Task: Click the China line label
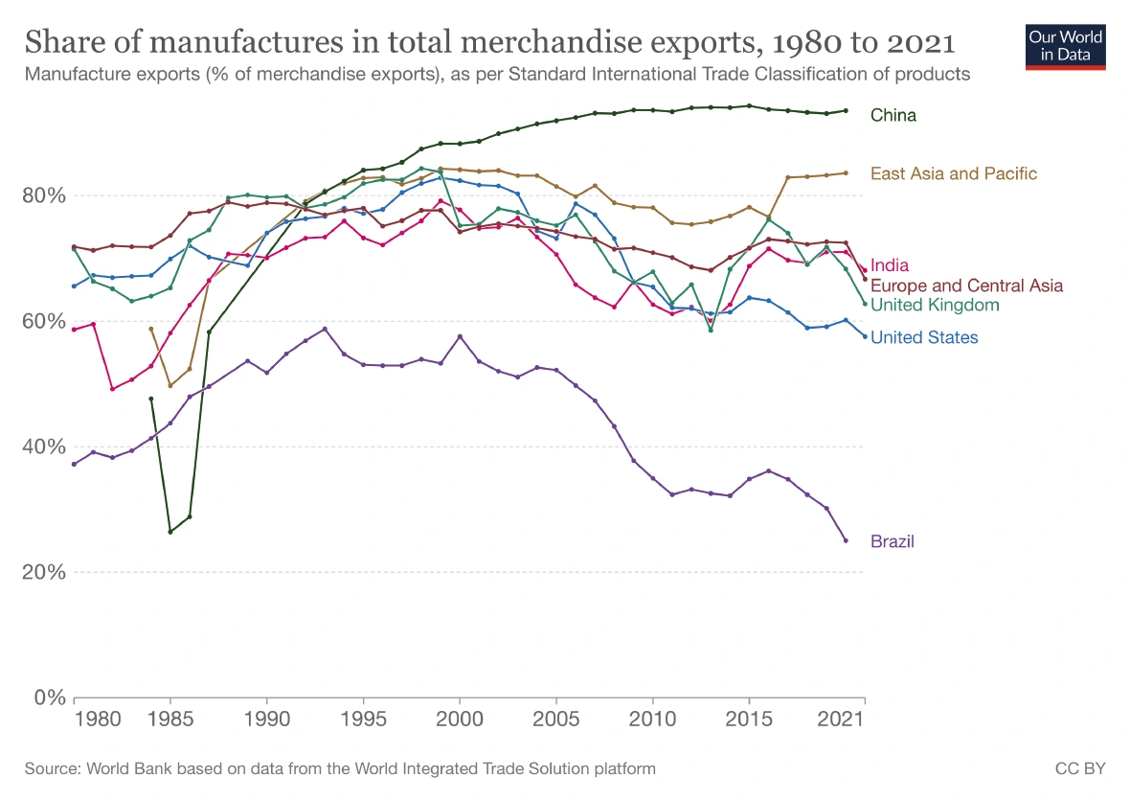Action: click(893, 115)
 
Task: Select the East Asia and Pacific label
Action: click(953, 173)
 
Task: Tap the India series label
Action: click(890, 265)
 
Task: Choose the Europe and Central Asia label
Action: click(966, 286)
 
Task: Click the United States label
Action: click(924, 337)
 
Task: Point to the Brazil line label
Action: click(892, 541)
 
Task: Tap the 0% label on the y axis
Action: click(48, 698)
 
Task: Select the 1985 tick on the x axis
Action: click(170, 718)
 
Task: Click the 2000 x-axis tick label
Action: click(460, 718)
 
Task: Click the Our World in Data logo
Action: click(1066, 46)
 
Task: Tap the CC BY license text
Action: click(1080, 768)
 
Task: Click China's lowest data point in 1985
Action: click(170, 532)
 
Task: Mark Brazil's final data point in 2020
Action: click(846, 540)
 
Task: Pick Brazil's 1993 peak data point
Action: click(325, 329)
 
